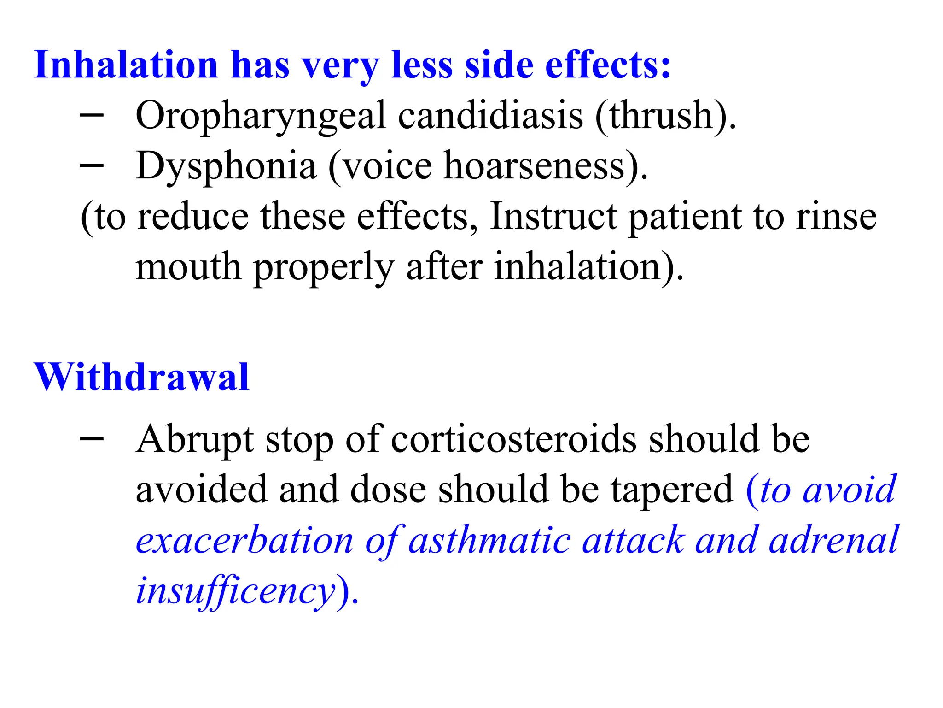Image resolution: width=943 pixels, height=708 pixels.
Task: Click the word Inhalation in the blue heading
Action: click(126, 65)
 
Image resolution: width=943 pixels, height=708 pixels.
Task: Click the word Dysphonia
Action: click(226, 167)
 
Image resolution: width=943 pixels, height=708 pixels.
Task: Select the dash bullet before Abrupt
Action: click(92, 439)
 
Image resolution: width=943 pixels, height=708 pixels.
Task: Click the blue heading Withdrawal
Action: click(142, 378)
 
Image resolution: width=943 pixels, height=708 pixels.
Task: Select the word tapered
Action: click(672, 490)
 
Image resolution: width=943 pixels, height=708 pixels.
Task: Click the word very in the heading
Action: click(340, 66)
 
